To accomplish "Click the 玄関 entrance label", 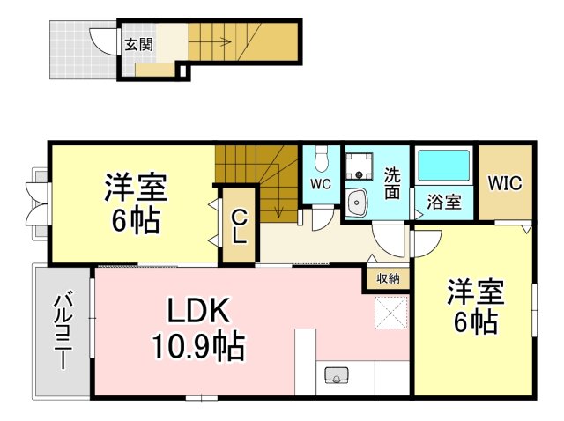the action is click(139, 45).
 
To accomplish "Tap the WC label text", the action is click(321, 184).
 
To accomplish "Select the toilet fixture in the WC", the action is click(321, 159).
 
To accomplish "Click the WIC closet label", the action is click(505, 182).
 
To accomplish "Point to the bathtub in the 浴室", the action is click(444, 166).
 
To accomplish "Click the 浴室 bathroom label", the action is click(444, 203).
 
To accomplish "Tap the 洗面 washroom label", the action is click(392, 183).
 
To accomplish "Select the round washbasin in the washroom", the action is click(357, 203).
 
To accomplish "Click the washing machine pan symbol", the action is click(359, 166).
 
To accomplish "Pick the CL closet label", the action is click(239, 227).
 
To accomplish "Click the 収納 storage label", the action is click(388, 278).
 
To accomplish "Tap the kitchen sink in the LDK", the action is click(337, 375).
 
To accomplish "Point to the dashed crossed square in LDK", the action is click(391, 313).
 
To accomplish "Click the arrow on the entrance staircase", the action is click(210, 42).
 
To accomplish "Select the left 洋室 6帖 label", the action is click(136, 203).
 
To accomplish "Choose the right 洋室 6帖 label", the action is click(476, 307).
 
